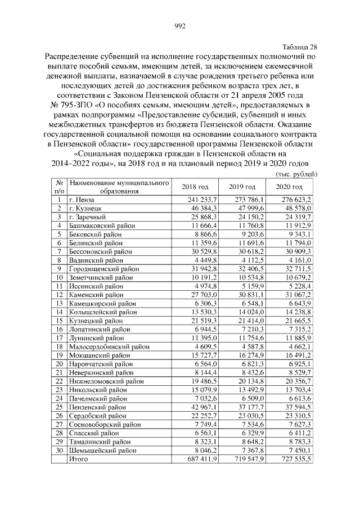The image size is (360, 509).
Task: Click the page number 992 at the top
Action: pyautogui.click(x=180, y=26)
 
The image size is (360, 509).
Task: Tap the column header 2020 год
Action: pyautogui.click(x=290, y=187)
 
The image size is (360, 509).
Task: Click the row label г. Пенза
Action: pyautogui.click(x=82, y=200)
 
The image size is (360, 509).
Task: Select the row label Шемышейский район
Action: pyautogui.click(x=102, y=450)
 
